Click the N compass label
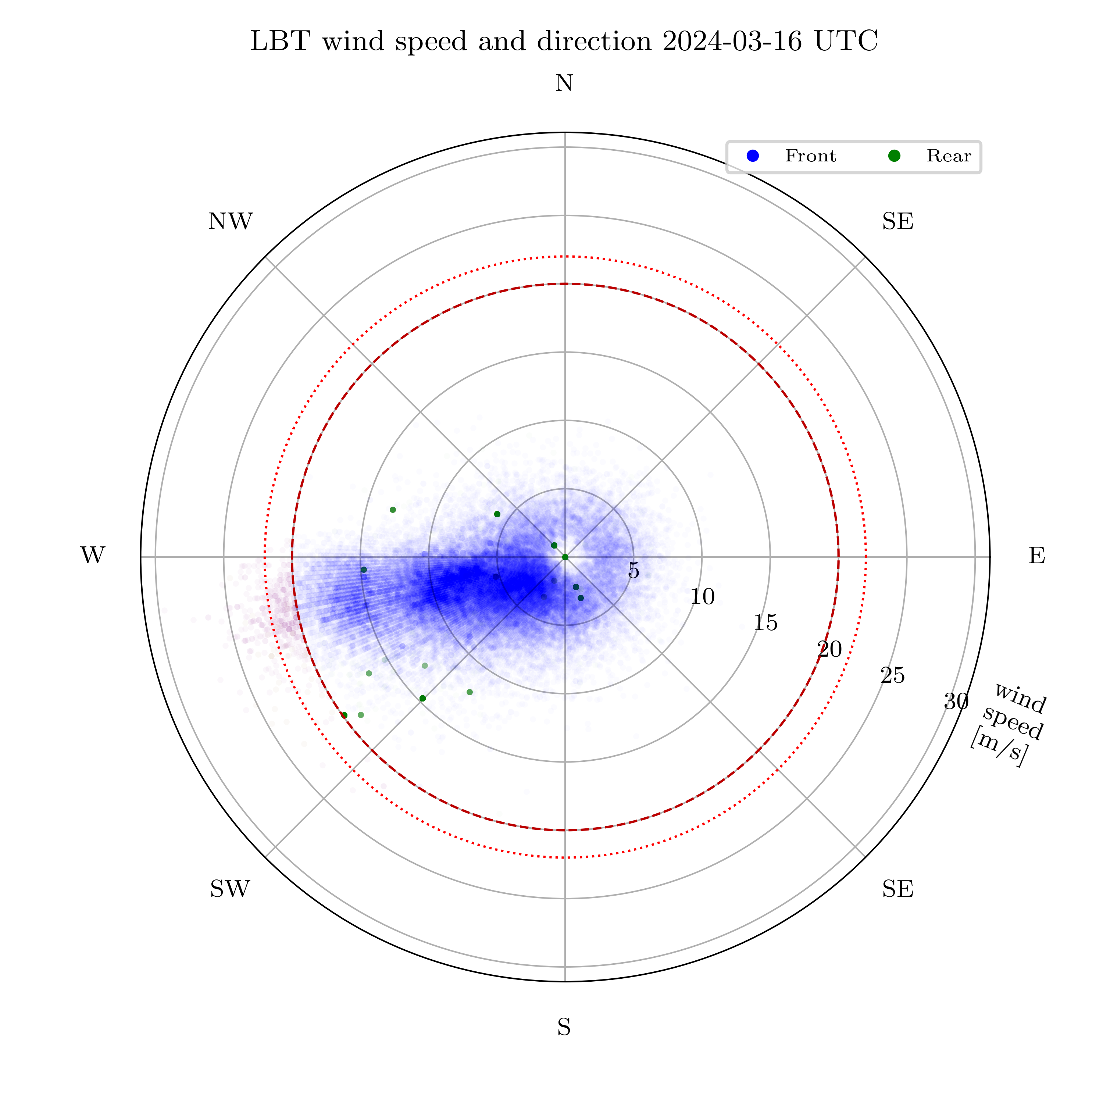pos(564,84)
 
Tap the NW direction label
pos(230,221)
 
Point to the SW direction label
pos(230,889)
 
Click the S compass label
pos(564,1028)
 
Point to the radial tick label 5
pos(633,570)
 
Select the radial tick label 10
pos(702,597)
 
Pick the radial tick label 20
pos(829,650)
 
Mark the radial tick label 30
pos(956,702)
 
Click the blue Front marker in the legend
pos(753,156)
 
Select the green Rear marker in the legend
pos(895,156)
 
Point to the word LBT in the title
pos(280,42)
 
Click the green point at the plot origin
pos(565,557)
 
